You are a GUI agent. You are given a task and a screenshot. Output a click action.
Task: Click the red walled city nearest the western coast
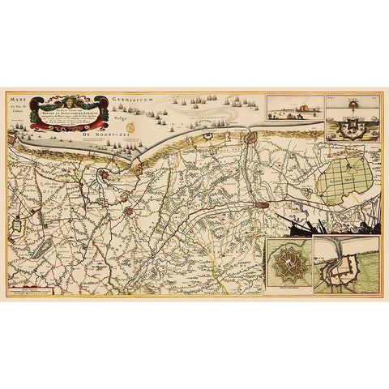(x=105, y=176)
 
